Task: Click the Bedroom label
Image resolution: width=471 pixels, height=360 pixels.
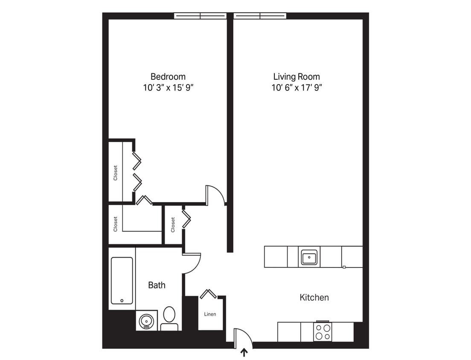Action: tap(168, 77)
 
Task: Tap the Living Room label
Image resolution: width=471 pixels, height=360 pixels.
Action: tap(297, 77)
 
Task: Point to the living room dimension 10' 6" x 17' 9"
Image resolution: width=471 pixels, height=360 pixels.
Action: tap(297, 88)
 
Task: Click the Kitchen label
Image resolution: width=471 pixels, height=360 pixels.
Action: tap(314, 298)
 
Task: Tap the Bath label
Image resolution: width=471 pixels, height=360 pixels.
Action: tap(157, 285)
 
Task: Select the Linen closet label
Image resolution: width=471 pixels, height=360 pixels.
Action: tap(210, 314)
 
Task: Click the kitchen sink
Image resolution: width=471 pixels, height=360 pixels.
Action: tap(309, 257)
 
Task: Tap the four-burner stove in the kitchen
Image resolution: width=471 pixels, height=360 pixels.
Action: tap(323, 332)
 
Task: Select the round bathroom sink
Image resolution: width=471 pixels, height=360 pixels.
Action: tap(146, 321)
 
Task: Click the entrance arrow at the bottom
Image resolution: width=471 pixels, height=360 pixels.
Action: tap(244, 353)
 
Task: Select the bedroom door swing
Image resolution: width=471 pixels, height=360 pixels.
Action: tap(215, 195)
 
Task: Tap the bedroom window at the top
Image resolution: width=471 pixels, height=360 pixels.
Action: tap(200, 16)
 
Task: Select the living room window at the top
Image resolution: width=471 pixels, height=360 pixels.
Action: tap(260, 16)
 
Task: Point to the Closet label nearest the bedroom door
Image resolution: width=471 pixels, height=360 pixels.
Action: tap(173, 225)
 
